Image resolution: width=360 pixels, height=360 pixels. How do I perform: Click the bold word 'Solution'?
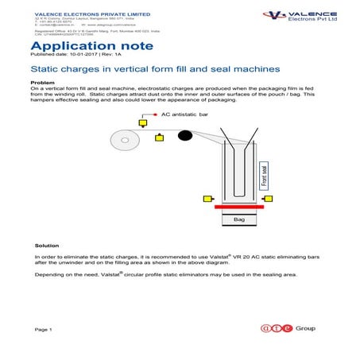[47, 246]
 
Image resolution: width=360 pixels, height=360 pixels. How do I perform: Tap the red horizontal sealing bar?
[240, 210]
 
